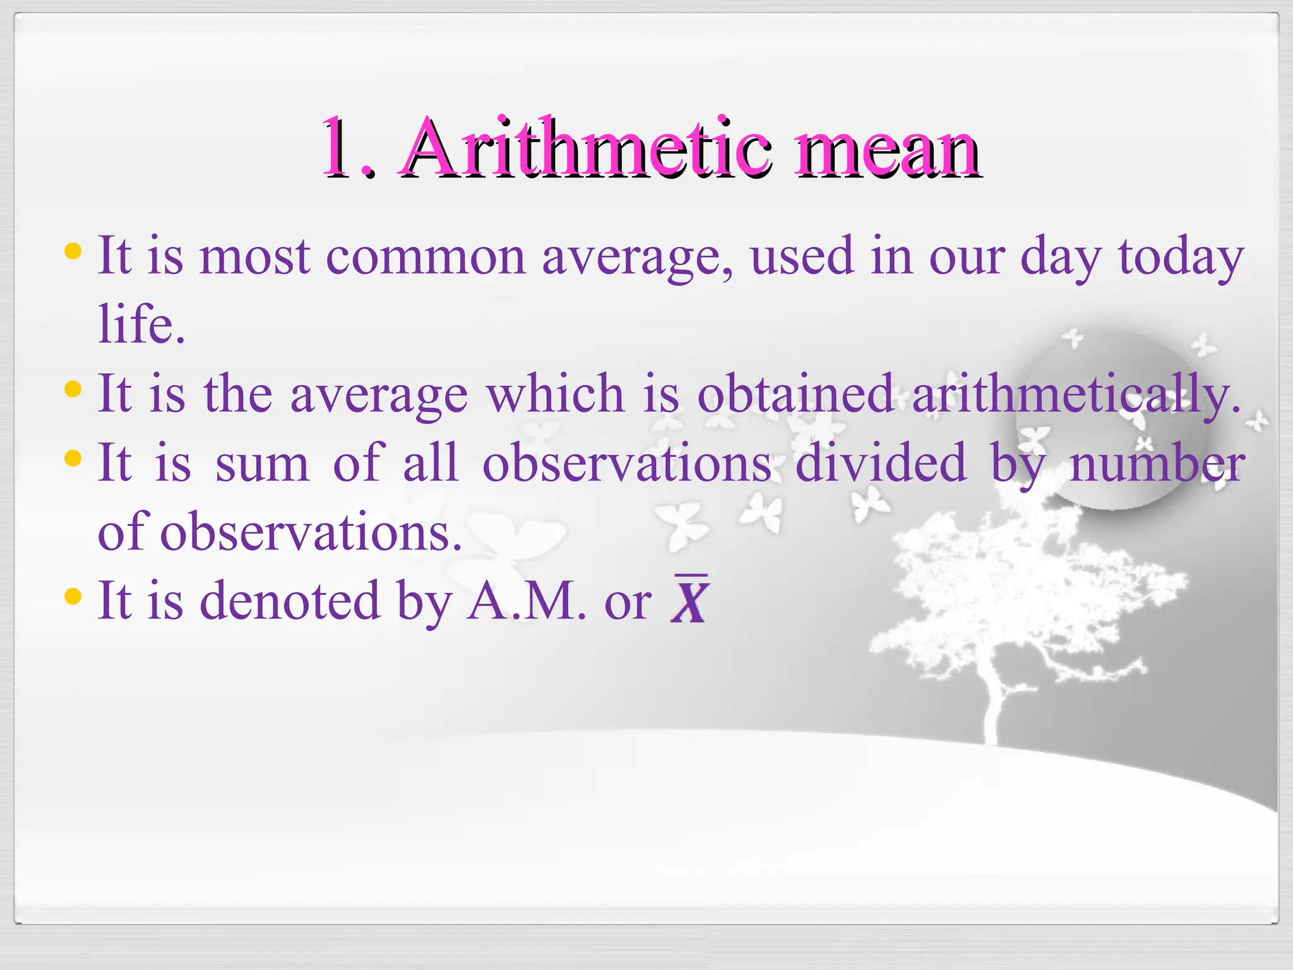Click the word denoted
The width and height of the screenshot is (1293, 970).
[x=290, y=600]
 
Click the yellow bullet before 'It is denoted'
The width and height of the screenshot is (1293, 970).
[x=73, y=596]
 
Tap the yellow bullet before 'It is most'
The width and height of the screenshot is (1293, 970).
[x=73, y=252]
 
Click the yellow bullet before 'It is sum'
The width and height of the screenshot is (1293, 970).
[x=73, y=458]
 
